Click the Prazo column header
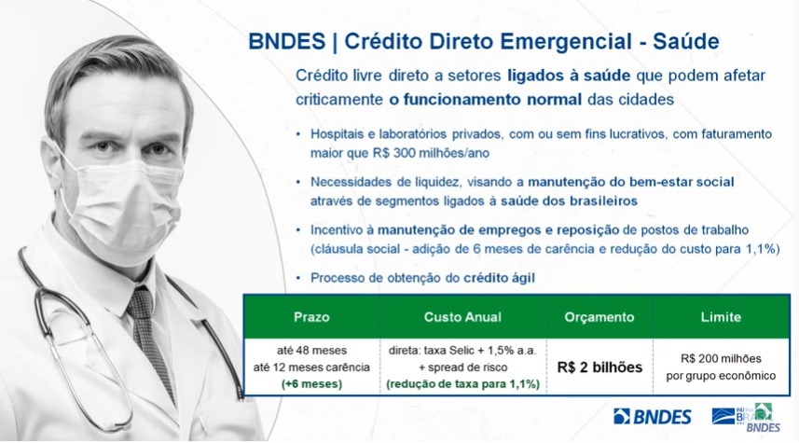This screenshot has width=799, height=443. [311, 317]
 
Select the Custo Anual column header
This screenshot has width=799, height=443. [462, 317]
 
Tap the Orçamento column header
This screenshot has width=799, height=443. [599, 317]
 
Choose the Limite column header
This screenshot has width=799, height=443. [721, 317]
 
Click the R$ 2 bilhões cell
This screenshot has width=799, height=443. [599, 367]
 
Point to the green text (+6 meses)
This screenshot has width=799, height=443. [311, 384]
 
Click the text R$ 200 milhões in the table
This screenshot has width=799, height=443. [721, 358]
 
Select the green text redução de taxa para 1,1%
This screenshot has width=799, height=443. [462, 384]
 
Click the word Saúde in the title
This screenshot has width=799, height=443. [686, 41]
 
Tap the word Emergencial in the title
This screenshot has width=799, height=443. [565, 41]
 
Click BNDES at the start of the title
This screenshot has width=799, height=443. [287, 41]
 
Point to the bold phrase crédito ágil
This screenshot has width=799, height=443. [499, 278]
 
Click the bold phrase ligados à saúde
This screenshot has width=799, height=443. [569, 76]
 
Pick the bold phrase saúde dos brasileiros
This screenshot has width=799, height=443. [569, 201]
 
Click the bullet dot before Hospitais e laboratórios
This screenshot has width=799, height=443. [298, 134]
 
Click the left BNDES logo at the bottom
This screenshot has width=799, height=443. [653, 417]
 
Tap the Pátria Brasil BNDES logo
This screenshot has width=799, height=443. [746, 417]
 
